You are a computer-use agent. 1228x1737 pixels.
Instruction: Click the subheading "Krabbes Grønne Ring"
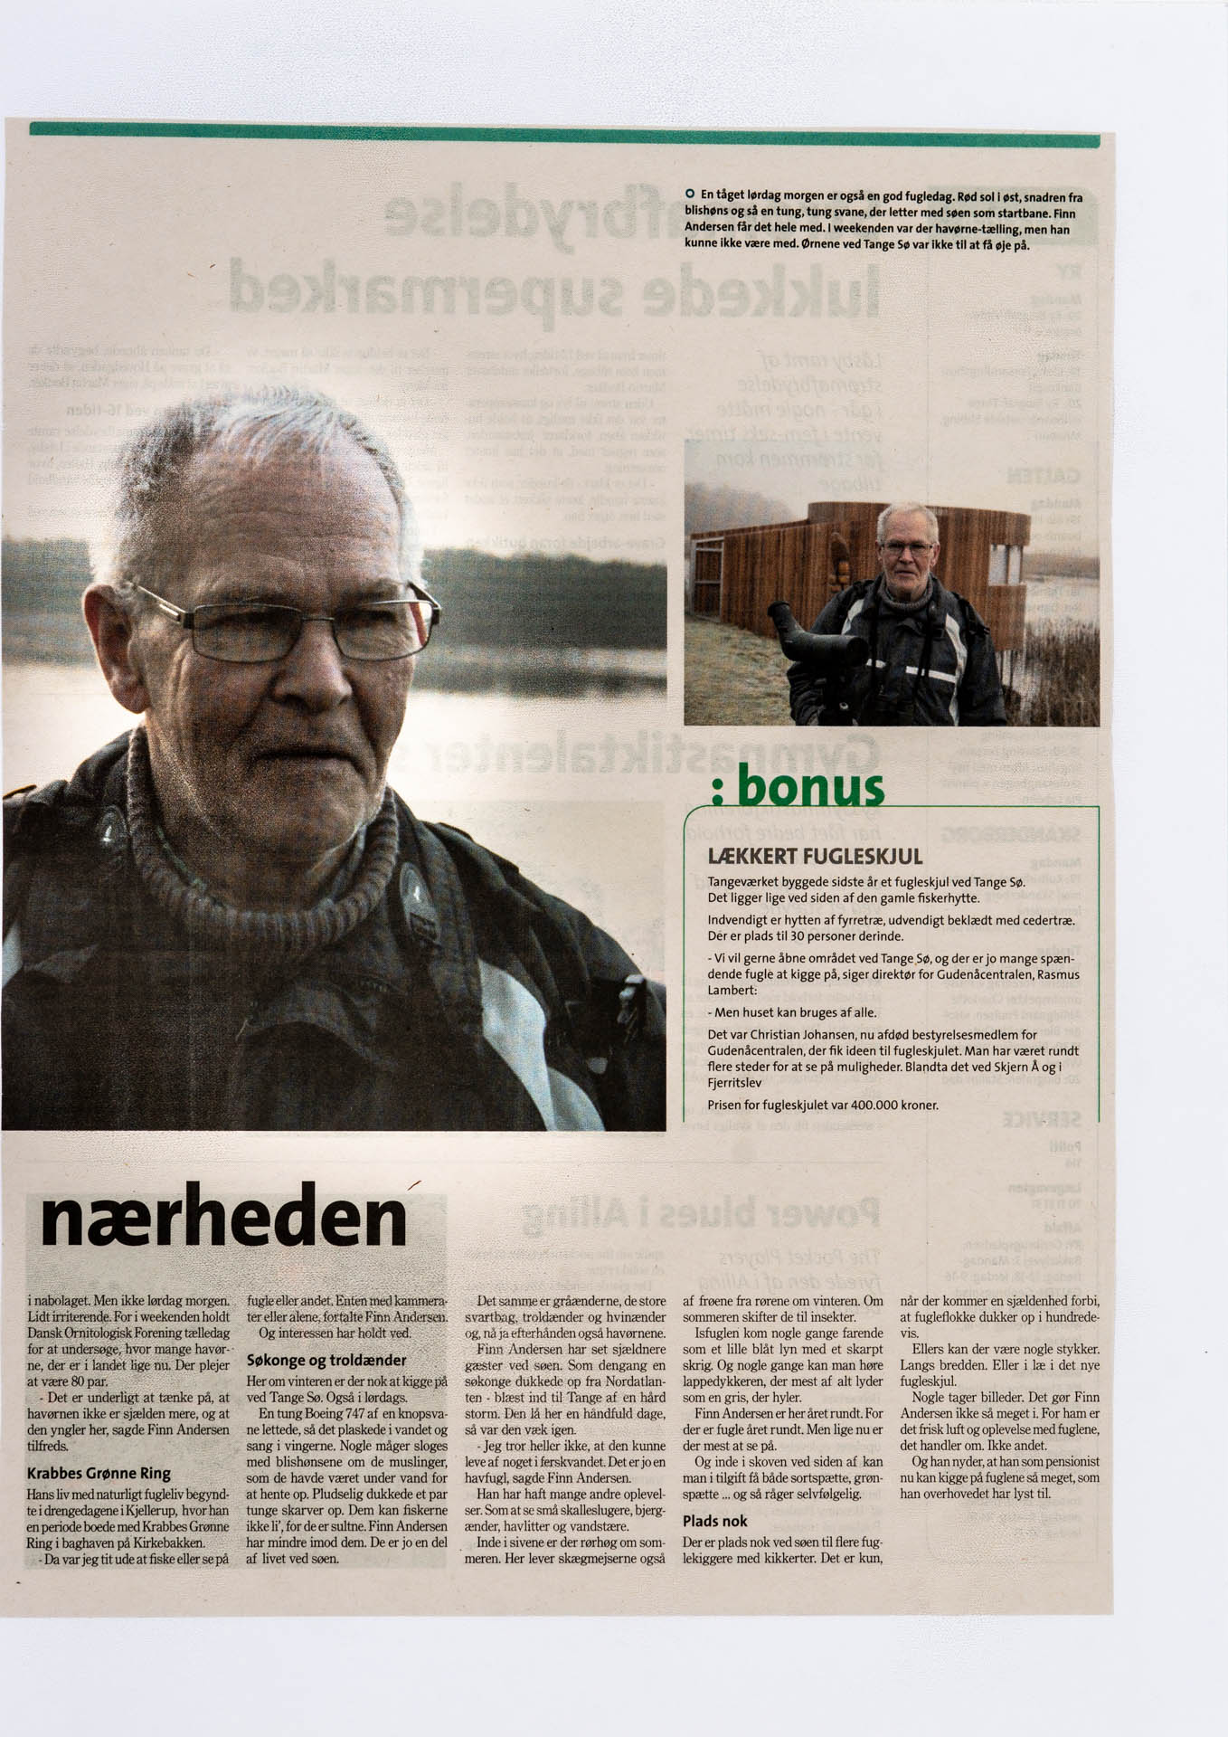click(x=99, y=1474)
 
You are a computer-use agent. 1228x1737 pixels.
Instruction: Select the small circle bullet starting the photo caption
click(x=689, y=195)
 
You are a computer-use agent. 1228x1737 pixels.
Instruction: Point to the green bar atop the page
click(x=564, y=138)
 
